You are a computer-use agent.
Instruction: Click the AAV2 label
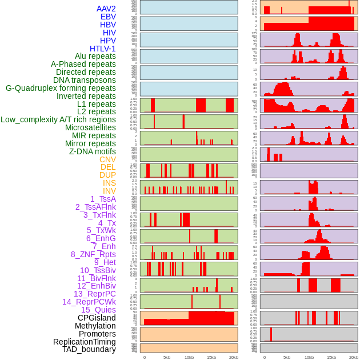click(106, 9)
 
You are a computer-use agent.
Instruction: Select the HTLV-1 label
click(102, 49)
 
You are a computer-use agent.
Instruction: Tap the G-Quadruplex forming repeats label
click(61, 88)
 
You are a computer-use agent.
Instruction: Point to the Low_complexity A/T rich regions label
click(58, 119)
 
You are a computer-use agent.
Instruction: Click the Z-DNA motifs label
click(93, 151)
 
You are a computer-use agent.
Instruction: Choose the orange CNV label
click(107, 159)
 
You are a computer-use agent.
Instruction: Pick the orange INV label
click(109, 191)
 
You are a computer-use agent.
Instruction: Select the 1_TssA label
click(103, 199)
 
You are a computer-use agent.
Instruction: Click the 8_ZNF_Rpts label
click(93, 254)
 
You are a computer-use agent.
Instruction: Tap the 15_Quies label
click(98, 310)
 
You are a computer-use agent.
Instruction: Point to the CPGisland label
click(97, 318)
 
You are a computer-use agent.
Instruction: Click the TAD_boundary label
click(89, 349)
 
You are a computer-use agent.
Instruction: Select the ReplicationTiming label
click(84, 342)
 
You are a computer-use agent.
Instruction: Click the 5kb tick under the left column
click(167, 357)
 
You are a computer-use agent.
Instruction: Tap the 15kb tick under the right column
click(331, 357)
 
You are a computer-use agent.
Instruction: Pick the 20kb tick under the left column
click(233, 357)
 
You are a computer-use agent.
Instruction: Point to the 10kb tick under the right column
click(309, 357)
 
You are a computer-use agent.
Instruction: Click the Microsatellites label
click(90, 127)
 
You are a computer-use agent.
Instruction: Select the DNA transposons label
click(85, 80)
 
